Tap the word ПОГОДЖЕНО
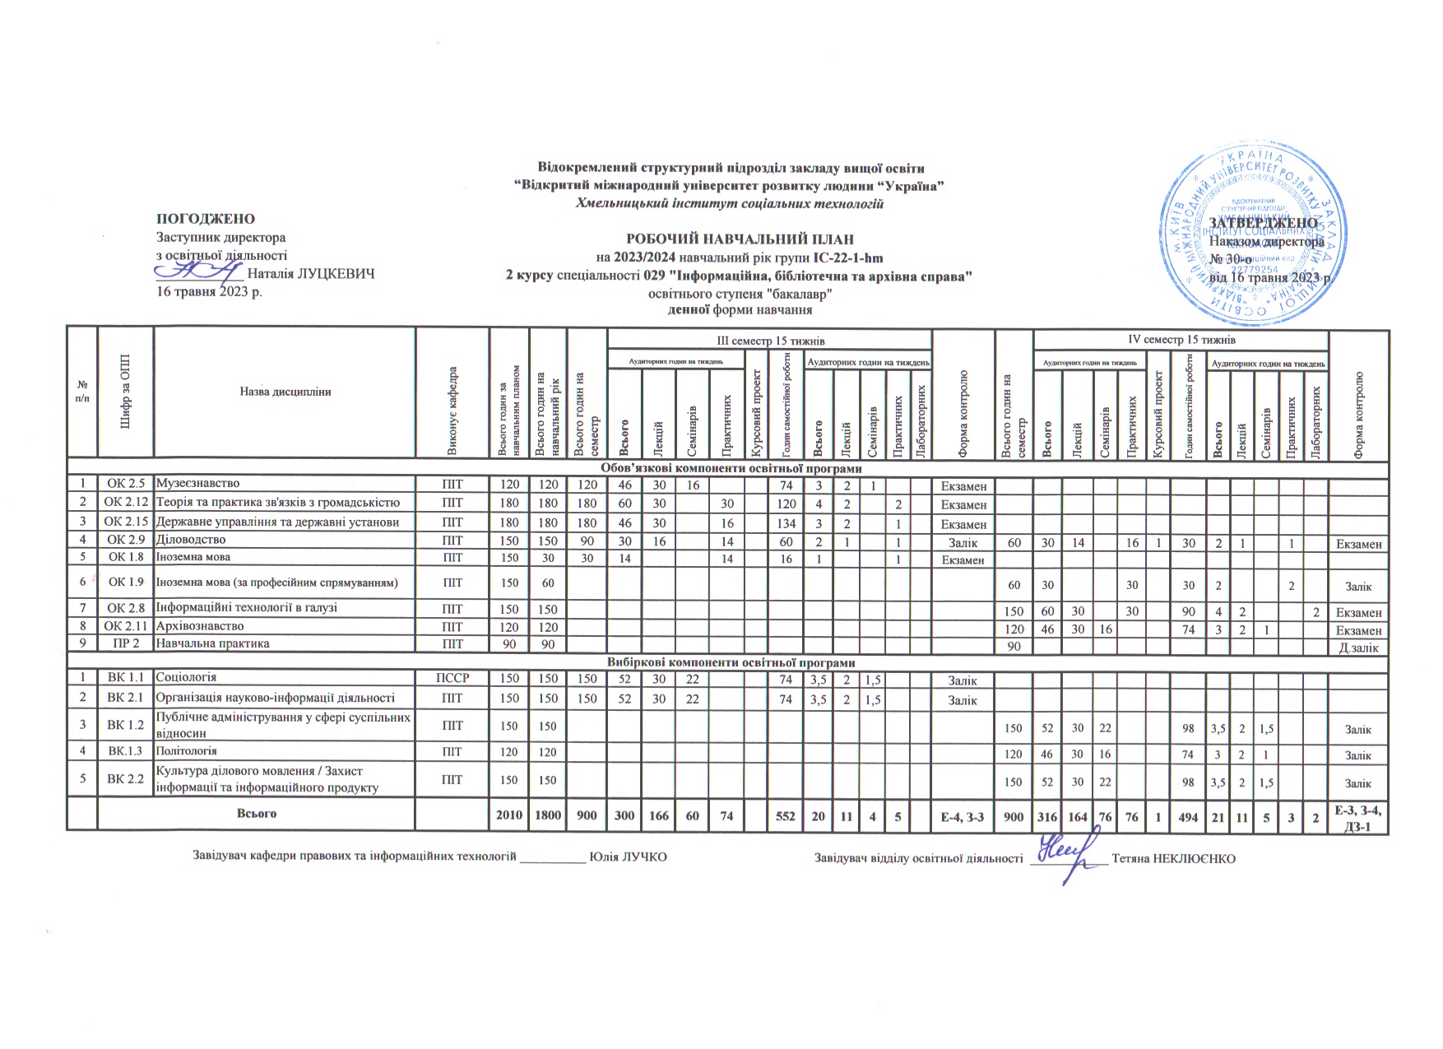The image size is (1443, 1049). (x=206, y=219)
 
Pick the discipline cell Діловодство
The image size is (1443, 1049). (x=190, y=540)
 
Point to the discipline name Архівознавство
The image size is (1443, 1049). (x=199, y=626)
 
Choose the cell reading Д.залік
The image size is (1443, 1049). (x=1358, y=647)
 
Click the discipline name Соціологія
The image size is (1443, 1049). (x=186, y=677)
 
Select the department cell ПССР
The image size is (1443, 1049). (x=452, y=678)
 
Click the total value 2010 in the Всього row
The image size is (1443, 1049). (x=509, y=814)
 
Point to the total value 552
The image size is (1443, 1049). (x=786, y=814)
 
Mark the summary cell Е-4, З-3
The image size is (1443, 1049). (x=963, y=814)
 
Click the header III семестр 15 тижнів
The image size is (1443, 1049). (x=770, y=340)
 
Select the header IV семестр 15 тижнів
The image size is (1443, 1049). (x=1181, y=339)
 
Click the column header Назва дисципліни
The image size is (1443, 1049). (x=285, y=392)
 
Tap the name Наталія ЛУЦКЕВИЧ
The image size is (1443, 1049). (x=311, y=274)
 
